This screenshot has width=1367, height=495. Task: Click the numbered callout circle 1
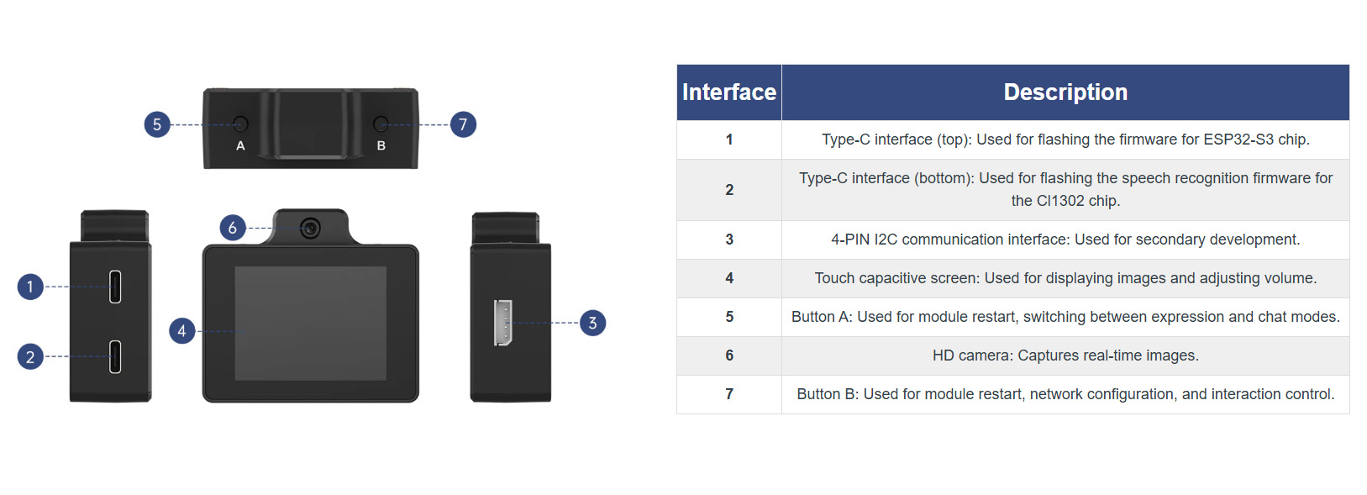30,287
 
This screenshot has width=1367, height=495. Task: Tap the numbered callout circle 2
30,356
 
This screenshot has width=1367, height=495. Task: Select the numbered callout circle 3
592,323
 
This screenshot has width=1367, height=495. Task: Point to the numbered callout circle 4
181,331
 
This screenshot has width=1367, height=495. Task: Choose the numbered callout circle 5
157,124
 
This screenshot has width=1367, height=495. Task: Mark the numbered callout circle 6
233,228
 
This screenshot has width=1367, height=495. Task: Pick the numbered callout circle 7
463,124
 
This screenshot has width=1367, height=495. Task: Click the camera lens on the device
311,229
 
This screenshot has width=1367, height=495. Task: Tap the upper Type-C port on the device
115,287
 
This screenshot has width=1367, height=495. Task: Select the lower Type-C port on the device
115,356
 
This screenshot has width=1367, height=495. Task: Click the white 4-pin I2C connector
503,323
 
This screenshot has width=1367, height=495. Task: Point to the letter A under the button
240,146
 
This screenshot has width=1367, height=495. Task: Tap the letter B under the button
381,146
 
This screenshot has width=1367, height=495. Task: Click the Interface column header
729,92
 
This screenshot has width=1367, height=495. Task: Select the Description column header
1065,92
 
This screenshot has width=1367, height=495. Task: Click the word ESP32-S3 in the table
1238,140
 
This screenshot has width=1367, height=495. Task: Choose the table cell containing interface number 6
729,355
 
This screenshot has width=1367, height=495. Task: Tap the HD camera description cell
1065,355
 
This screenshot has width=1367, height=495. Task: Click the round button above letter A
240,124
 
